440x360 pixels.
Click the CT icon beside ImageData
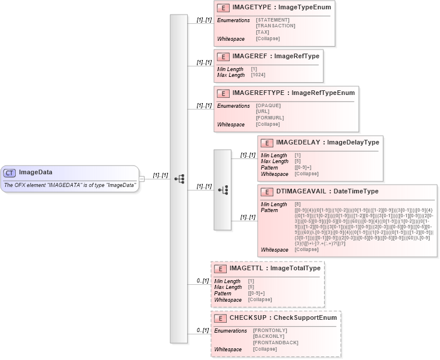[x=10, y=172]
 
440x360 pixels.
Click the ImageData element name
[x=36, y=172]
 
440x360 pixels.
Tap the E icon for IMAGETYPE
[x=223, y=8]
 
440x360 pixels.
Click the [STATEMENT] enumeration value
[x=272, y=20]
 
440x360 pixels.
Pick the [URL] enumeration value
[x=262, y=111]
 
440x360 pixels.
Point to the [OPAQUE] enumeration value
[x=268, y=105]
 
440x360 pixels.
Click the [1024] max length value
[x=258, y=75]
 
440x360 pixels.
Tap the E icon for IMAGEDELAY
[x=266, y=142]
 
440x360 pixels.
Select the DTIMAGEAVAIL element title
[x=327, y=191]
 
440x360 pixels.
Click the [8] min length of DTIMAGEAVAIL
[x=298, y=204]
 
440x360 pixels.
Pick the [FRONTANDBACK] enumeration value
[x=275, y=343]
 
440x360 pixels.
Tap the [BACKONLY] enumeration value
[x=269, y=337]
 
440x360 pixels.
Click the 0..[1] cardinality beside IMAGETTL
[x=203, y=281]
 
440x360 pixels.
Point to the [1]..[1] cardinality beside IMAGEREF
[x=204, y=62]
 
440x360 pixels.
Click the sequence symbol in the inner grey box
[x=223, y=190]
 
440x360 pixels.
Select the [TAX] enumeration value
[x=262, y=32]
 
